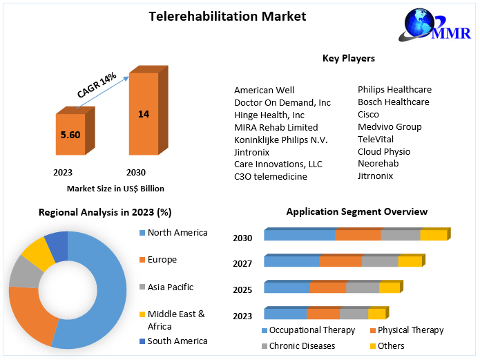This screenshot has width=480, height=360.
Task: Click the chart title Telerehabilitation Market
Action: [227, 15]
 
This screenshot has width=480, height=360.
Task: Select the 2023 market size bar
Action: [70, 135]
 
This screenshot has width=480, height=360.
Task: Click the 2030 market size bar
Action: [144, 113]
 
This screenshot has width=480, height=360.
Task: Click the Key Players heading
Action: [348, 58]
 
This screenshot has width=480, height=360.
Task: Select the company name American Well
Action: [265, 90]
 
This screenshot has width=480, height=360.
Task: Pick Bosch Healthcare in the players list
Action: [393, 102]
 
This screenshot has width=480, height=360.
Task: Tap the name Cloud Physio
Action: [383, 151]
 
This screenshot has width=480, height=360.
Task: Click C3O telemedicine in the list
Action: [271, 177]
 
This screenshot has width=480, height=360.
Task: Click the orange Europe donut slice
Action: [31, 314]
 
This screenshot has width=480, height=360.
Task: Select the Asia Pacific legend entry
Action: [170, 287]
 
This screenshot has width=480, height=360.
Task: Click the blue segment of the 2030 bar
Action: [300, 235]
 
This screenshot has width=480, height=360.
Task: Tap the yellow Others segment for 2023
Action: [376, 313]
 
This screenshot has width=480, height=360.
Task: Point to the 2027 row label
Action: [242, 263]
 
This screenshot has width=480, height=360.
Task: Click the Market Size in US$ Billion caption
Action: [115, 188]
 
